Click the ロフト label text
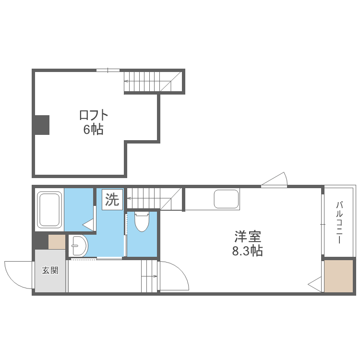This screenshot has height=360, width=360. tap(94, 115)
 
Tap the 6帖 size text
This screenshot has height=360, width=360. tap(94, 129)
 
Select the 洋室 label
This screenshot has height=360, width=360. tap(248, 237)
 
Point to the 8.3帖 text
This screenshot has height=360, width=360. tap(248, 251)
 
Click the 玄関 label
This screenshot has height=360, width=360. tap(50, 270)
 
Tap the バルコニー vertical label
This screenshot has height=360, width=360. tap(339, 222)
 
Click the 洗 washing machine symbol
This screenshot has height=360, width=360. tap(112, 199)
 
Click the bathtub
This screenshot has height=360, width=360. tap(49, 209)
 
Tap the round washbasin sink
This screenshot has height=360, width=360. tap(78, 247)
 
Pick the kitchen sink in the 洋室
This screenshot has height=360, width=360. tap(226, 200)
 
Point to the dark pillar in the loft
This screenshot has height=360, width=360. tap(42, 125)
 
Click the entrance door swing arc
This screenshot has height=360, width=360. tap(18, 275)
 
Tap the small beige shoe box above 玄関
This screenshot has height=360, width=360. tap(57, 241)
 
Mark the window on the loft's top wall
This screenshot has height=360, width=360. tap(108, 71)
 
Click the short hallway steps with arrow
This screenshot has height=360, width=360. tap(149, 276)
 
